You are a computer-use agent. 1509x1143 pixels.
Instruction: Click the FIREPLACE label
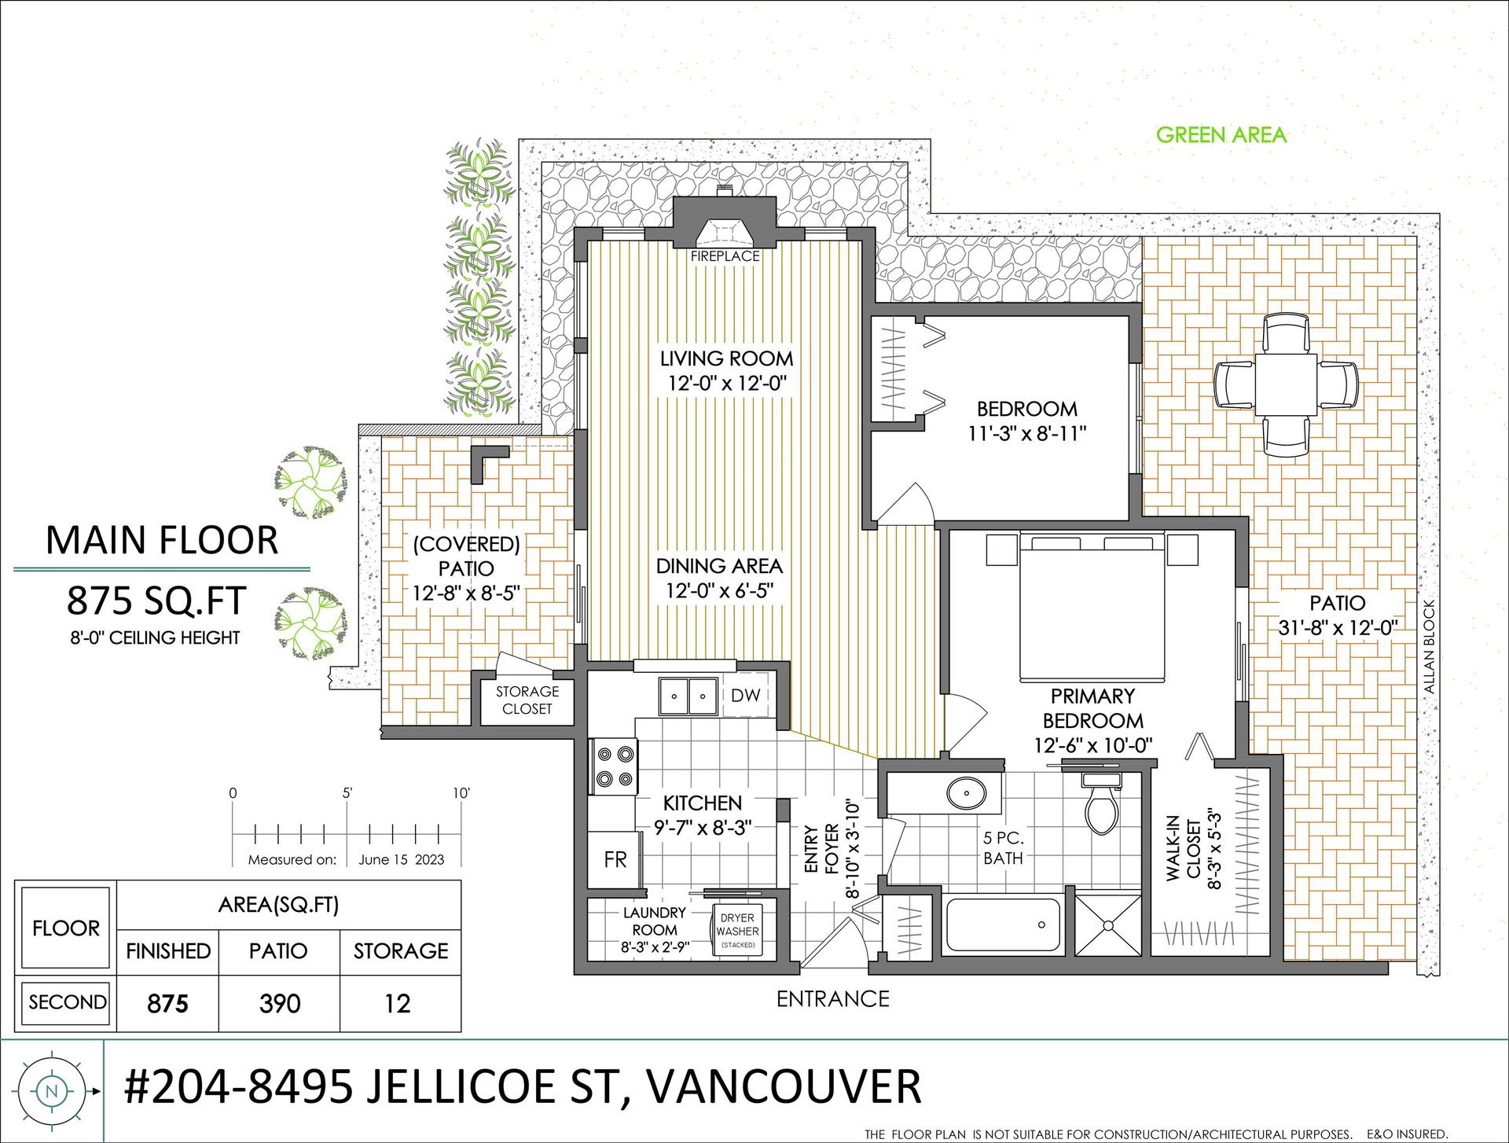tap(725, 256)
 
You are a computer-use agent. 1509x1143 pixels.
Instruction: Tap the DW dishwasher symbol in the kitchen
tap(745, 695)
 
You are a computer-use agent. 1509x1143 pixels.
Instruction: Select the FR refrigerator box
tap(615, 859)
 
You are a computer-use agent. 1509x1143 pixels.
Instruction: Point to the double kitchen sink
tap(688, 696)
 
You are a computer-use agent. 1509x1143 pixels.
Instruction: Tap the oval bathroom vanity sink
tap(966, 793)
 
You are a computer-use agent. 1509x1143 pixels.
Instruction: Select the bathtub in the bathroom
tap(1003, 924)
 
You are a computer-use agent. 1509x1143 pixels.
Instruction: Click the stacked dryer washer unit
tap(737, 931)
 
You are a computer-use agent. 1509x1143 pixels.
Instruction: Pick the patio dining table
tap(1286, 384)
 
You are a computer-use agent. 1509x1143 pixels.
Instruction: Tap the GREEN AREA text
tap(1221, 135)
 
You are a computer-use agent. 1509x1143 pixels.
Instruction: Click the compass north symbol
tap(53, 1091)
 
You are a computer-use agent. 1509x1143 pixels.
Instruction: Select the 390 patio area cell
tap(280, 1003)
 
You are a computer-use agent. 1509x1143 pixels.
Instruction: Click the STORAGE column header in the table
tap(401, 951)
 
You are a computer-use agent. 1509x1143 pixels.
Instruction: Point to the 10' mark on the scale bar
tap(461, 793)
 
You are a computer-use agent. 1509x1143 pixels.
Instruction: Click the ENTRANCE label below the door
tap(833, 999)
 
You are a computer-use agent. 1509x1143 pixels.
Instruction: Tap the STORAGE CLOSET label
tap(527, 700)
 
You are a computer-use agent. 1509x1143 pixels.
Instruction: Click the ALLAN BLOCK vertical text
tap(1429, 647)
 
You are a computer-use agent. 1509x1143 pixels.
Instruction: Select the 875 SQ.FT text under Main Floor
tap(156, 601)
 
